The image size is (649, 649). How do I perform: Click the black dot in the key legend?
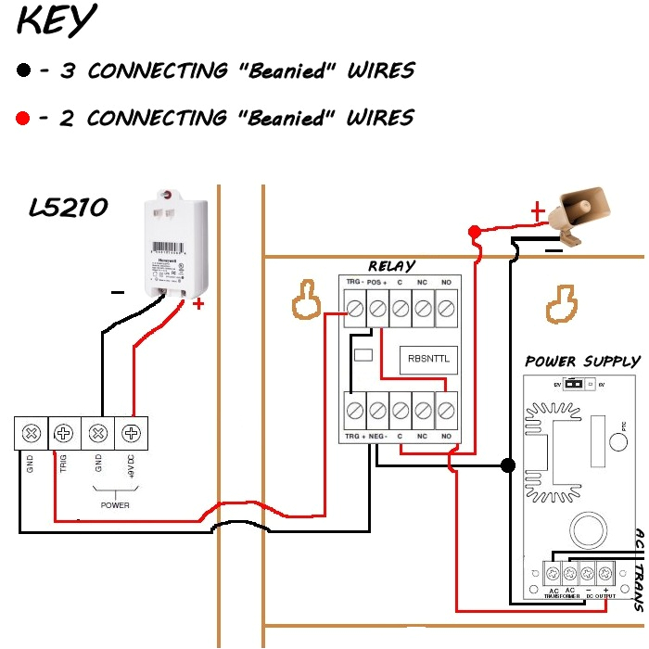pos(23,70)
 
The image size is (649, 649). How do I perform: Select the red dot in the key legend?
pos(23,118)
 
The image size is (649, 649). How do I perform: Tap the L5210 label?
pos(69,208)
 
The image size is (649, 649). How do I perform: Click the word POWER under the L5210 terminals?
pos(115,505)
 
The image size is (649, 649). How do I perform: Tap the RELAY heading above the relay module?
pos(391,267)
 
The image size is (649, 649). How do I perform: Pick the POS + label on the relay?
pos(376,282)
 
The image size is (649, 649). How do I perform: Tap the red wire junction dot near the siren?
pos(474,231)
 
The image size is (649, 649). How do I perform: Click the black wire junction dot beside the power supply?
pos(507,464)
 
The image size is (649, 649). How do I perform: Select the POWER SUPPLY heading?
pos(582,362)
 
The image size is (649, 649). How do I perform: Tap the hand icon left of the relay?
pos(302,304)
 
